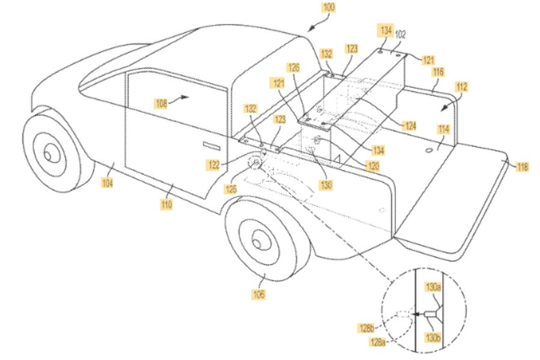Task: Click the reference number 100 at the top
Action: pos(329,8)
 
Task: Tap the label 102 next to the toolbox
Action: pos(400,34)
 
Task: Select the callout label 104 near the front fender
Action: pos(107,183)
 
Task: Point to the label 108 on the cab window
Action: pos(162,103)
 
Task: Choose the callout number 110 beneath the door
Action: pos(167,205)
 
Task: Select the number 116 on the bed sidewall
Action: pos(438,72)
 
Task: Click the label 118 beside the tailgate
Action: pos(523,167)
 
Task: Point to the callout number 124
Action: pos(410,126)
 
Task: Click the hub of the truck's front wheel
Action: pos(48,155)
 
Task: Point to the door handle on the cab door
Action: pos(211,145)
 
